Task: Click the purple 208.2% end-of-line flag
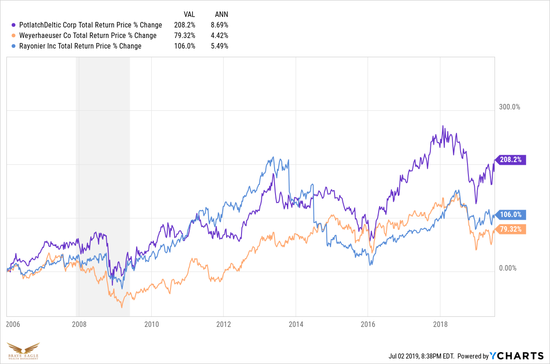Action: coord(511,160)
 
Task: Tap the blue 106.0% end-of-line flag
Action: coord(511,215)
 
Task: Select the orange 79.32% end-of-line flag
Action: coord(511,229)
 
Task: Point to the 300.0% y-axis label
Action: coord(510,107)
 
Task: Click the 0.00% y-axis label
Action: coord(508,268)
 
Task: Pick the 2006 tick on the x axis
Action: coord(13,324)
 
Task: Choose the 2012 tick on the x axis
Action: coord(224,324)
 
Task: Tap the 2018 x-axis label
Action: coord(440,324)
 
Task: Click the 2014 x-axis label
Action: coord(296,324)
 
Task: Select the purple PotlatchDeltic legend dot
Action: coord(14,25)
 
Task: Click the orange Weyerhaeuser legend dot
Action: coord(14,36)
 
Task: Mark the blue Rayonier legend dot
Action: coord(14,46)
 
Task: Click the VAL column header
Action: coord(189,15)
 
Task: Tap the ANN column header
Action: coord(221,15)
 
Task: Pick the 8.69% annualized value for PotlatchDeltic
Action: coord(220,25)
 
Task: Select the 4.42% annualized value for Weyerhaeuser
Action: coord(220,36)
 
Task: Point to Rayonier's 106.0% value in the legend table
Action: coord(185,46)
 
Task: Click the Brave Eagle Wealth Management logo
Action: coord(23,351)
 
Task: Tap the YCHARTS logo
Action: coord(517,356)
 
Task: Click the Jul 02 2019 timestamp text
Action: coord(421,356)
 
